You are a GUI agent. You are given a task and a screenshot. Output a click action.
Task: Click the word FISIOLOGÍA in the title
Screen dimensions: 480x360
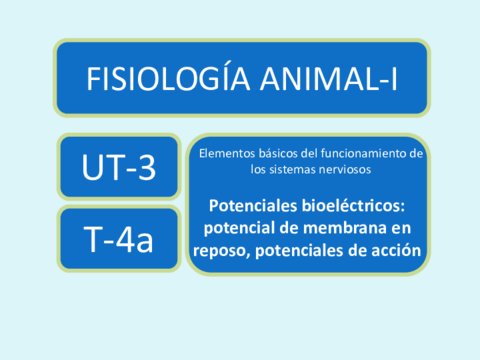coord(168,79)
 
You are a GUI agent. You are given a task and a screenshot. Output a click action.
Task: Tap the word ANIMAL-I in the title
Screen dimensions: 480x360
coord(329,79)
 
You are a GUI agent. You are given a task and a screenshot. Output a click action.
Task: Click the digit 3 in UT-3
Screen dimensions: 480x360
coord(147,167)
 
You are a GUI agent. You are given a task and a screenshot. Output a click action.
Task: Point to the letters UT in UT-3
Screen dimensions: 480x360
coord(103,167)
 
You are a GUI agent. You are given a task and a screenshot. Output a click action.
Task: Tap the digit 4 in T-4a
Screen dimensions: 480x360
coord(126,239)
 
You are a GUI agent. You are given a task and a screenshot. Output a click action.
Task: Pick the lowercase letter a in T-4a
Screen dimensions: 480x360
coord(145,243)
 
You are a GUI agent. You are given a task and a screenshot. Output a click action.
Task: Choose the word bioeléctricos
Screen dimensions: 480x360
coord(351,205)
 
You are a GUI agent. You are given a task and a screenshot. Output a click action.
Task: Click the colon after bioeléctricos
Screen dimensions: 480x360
coord(403,207)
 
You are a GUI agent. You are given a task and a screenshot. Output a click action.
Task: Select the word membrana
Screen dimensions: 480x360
coord(343,228)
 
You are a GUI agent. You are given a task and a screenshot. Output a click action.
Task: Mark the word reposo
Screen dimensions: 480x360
coord(220,252)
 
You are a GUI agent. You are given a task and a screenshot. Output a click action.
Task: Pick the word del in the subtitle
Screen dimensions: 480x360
coord(309,153)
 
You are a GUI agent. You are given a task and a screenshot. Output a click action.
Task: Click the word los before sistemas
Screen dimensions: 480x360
coord(258,169)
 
